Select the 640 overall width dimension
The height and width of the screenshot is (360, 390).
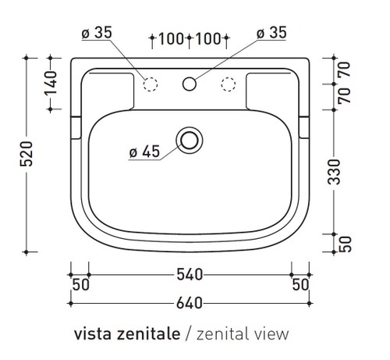tap(190, 302)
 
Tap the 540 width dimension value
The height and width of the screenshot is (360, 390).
tap(190, 274)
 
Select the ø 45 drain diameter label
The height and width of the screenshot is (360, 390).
tap(144, 152)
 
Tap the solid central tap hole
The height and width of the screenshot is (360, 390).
tap(190, 82)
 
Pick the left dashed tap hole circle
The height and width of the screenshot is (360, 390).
tap(151, 82)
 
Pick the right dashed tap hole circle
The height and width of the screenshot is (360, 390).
tap(229, 82)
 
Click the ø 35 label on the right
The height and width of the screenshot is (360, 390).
tap(271, 32)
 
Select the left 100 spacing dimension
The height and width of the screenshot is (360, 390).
tap(170, 38)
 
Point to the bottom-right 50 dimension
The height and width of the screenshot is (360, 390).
tap(300, 285)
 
